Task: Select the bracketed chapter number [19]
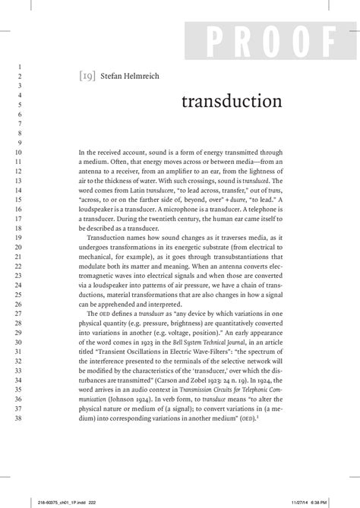click(87, 76)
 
